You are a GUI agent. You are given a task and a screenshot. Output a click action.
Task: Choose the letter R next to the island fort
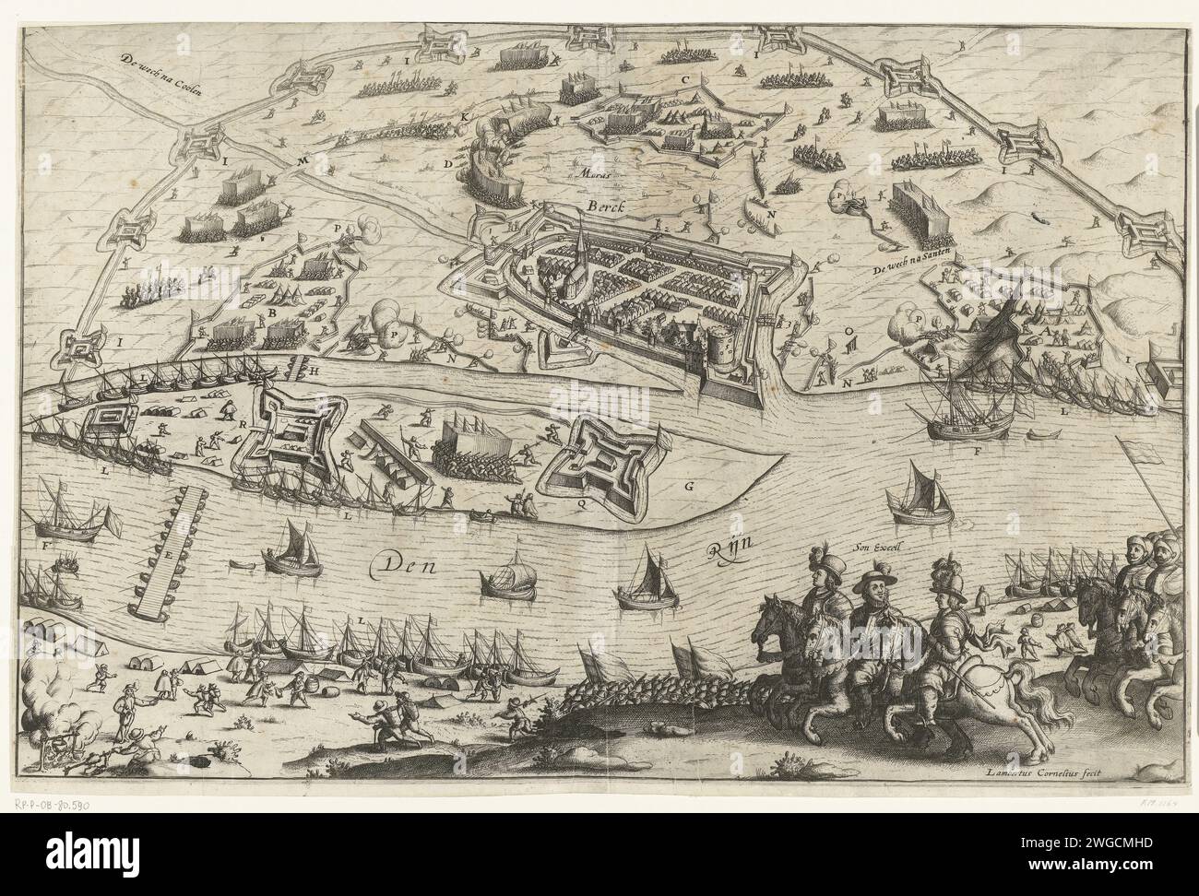click(242, 423)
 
